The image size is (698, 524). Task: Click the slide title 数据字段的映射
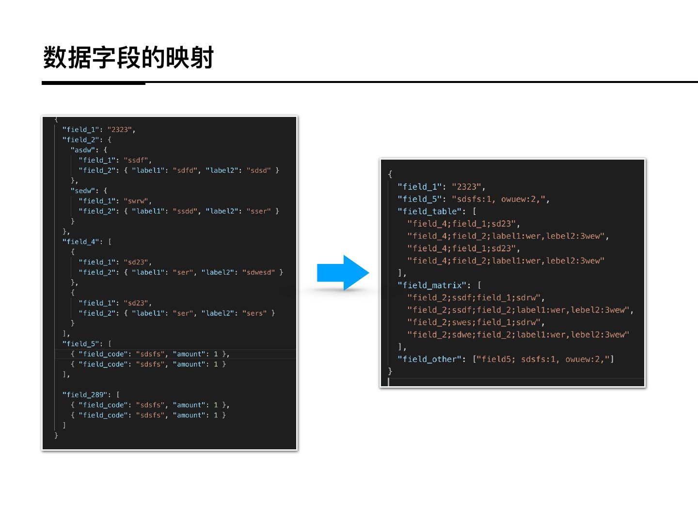[128, 58]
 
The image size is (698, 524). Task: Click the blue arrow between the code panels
[343, 273]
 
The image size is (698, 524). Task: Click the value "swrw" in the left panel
[136, 201]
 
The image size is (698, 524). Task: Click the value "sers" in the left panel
[254, 313]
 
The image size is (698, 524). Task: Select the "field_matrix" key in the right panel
[432, 285]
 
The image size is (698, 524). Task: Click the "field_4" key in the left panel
[80, 242]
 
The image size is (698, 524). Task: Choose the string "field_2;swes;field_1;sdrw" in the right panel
[474, 322]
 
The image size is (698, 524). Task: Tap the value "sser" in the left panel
[258, 211]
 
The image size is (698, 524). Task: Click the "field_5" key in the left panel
[80, 344]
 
